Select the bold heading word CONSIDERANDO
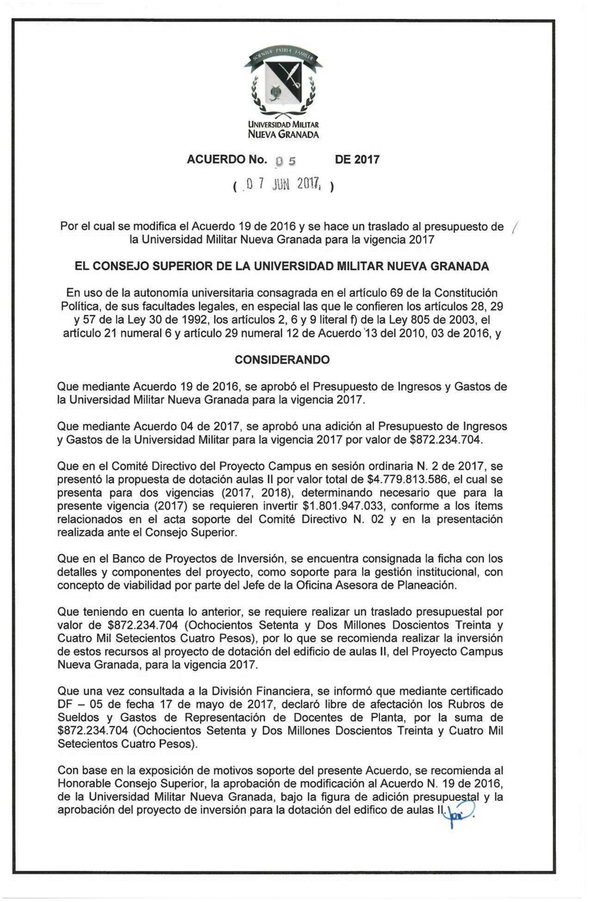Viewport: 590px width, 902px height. pos(282,360)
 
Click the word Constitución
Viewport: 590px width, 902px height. pos(464,293)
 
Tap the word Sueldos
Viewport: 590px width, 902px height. pos(78,718)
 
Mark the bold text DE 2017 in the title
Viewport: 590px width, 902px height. pos(357,160)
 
